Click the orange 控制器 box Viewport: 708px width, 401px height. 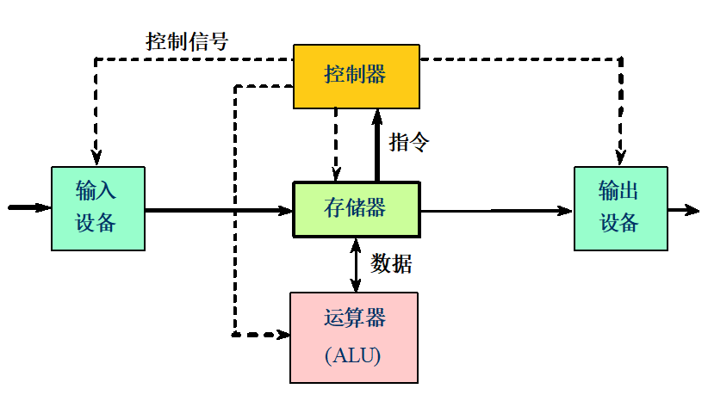(x=356, y=76)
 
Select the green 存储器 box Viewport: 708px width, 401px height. (x=356, y=208)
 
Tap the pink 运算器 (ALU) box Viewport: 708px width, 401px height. (x=354, y=336)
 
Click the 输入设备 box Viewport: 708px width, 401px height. (x=96, y=208)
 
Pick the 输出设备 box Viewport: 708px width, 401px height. (x=619, y=208)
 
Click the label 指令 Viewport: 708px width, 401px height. (x=408, y=142)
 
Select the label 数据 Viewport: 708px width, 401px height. (x=391, y=264)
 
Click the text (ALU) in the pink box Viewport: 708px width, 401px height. (x=353, y=355)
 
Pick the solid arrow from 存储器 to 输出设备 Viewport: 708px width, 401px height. (x=495, y=209)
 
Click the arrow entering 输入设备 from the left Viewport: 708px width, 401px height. (x=29, y=207)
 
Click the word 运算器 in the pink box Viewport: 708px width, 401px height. (x=355, y=318)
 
